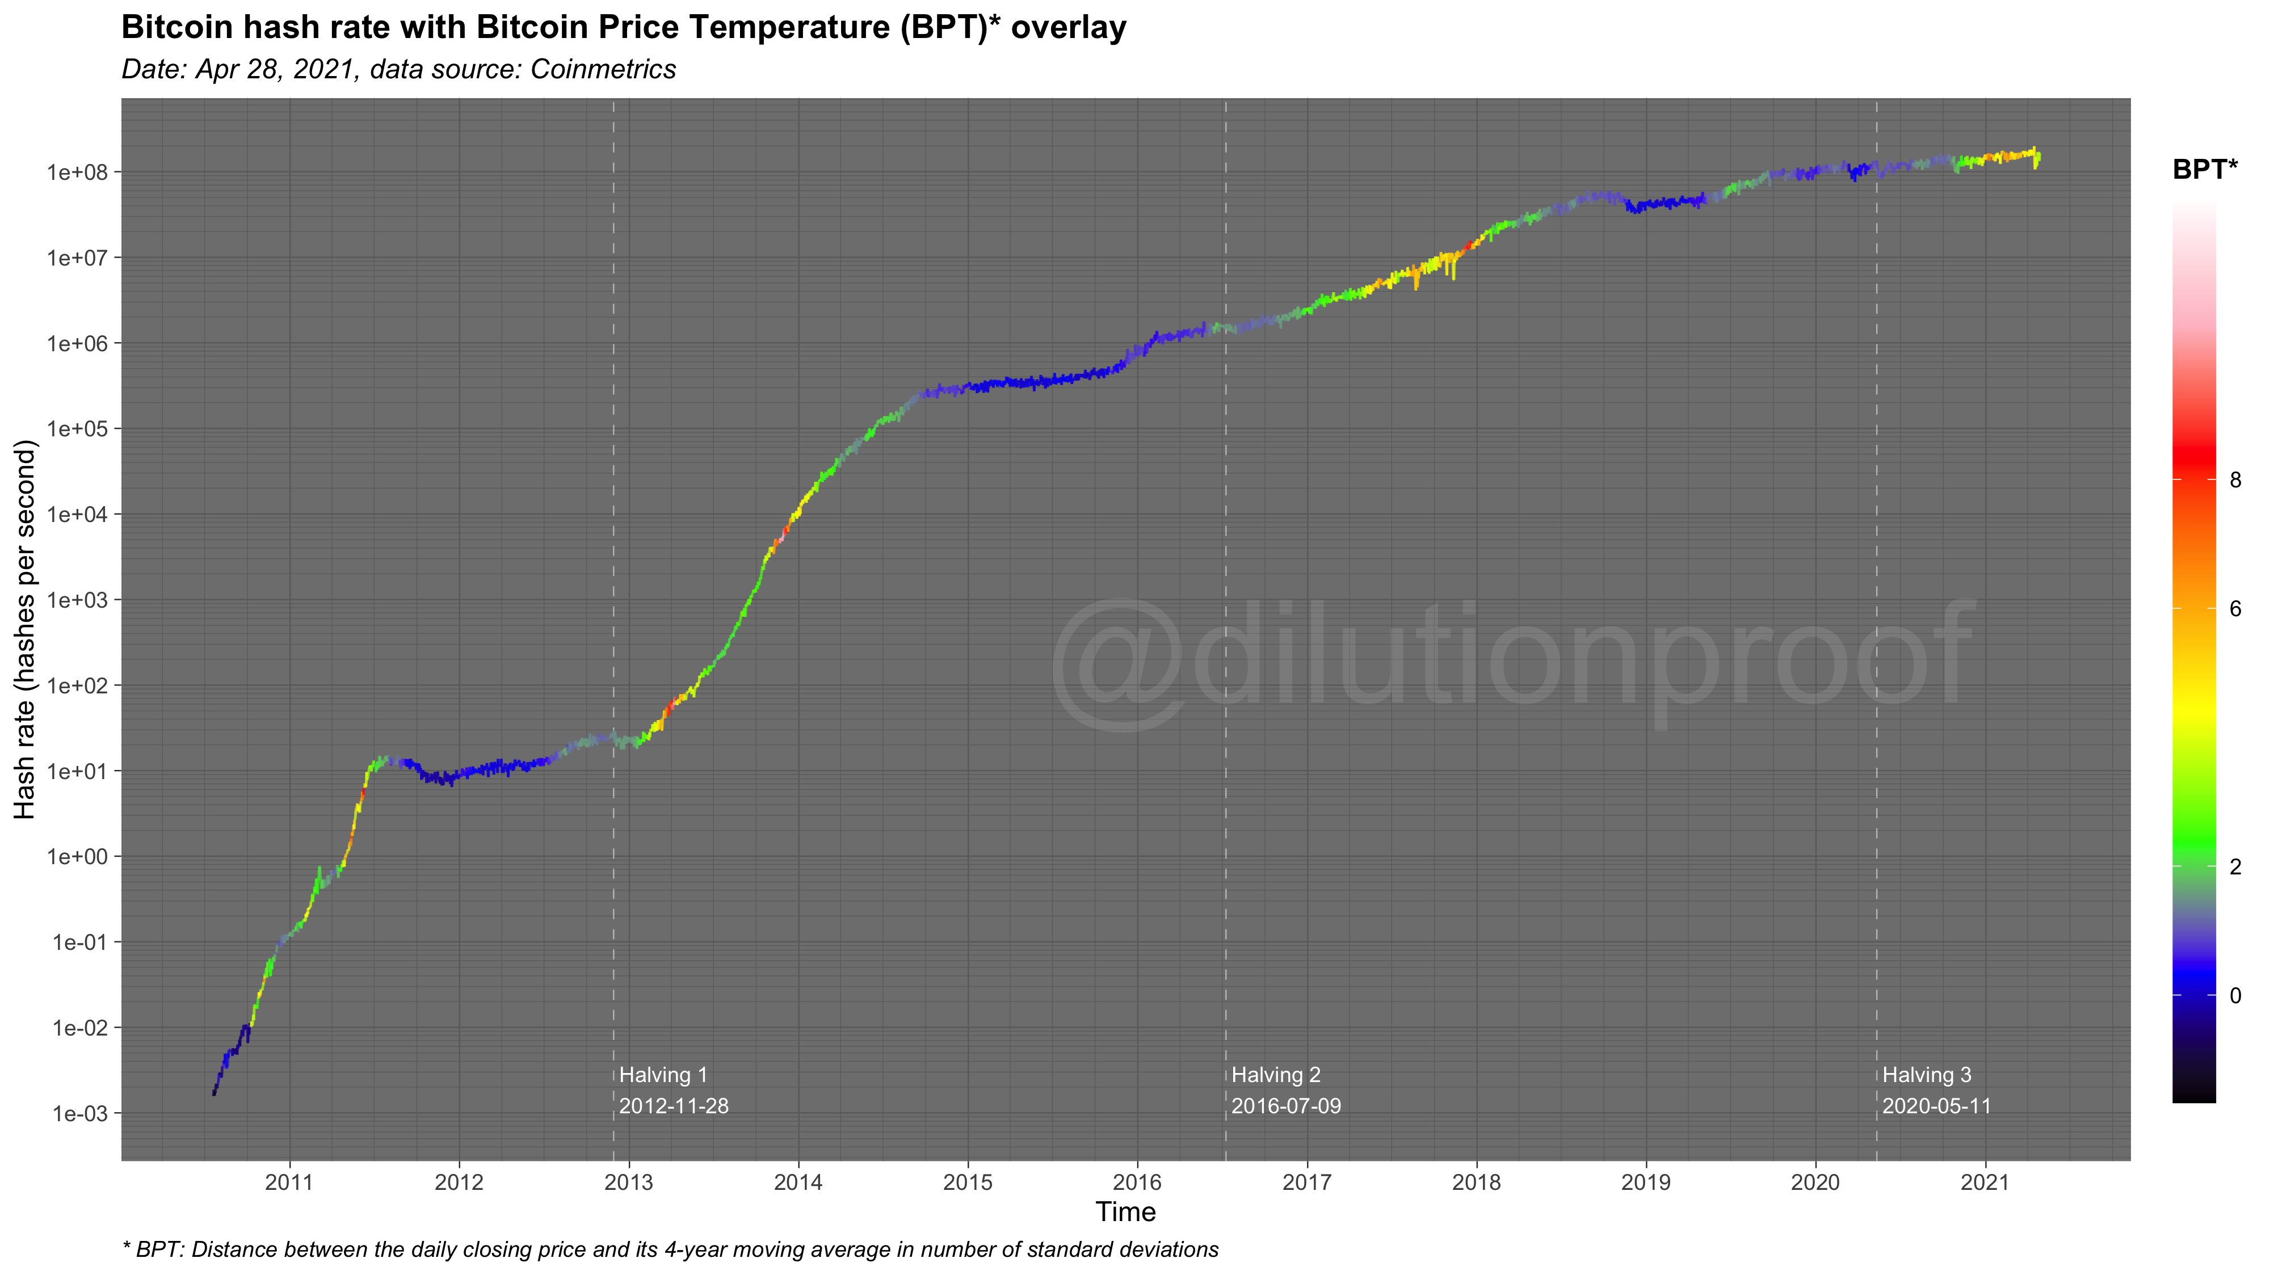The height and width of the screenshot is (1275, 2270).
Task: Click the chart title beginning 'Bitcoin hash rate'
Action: pos(623,27)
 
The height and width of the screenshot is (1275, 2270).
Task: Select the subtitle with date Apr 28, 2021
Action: pos(398,70)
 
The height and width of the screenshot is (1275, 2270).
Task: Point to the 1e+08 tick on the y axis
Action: pos(78,172)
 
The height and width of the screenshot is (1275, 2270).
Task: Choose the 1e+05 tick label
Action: pos(78,429)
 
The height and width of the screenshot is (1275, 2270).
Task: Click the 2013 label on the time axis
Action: pos(628,1183)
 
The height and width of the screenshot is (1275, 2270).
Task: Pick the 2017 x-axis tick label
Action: pos(1307,1183)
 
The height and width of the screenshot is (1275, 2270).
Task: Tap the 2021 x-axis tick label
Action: pos(1985,1183)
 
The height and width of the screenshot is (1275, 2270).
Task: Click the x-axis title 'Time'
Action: pos(1125,1213)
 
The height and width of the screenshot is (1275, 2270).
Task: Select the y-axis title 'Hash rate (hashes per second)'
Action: pos(24,629)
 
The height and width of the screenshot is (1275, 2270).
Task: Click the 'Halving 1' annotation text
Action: pos(663,1075)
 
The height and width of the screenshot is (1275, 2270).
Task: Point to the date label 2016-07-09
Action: pos(1286,1106)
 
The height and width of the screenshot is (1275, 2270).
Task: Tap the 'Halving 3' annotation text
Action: pos(1926,1075)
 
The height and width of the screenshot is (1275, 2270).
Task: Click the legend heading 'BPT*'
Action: pos(2205,169)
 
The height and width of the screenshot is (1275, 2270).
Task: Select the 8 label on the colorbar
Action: pos(2235,480)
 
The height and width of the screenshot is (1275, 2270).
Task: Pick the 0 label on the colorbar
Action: pos(2235,996)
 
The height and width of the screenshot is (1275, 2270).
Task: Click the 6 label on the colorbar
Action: pos(2235,609)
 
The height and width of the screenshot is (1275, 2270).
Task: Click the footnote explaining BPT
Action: pos(670,1249)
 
